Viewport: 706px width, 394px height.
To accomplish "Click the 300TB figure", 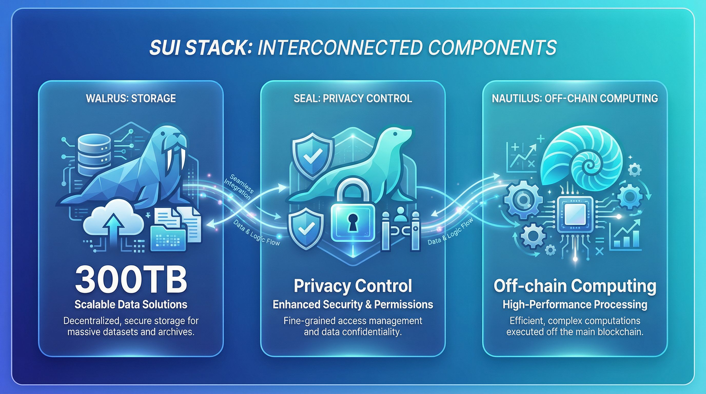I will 131,281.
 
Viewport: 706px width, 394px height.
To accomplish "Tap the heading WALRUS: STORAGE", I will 131,98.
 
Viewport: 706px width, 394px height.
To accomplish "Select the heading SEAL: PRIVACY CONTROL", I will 353,98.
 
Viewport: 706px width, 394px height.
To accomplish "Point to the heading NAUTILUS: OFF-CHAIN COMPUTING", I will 575,98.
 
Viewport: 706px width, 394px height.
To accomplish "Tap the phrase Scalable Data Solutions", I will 131,304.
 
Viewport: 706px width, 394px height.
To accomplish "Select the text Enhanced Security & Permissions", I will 353,304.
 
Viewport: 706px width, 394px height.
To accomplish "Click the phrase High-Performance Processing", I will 575,304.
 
